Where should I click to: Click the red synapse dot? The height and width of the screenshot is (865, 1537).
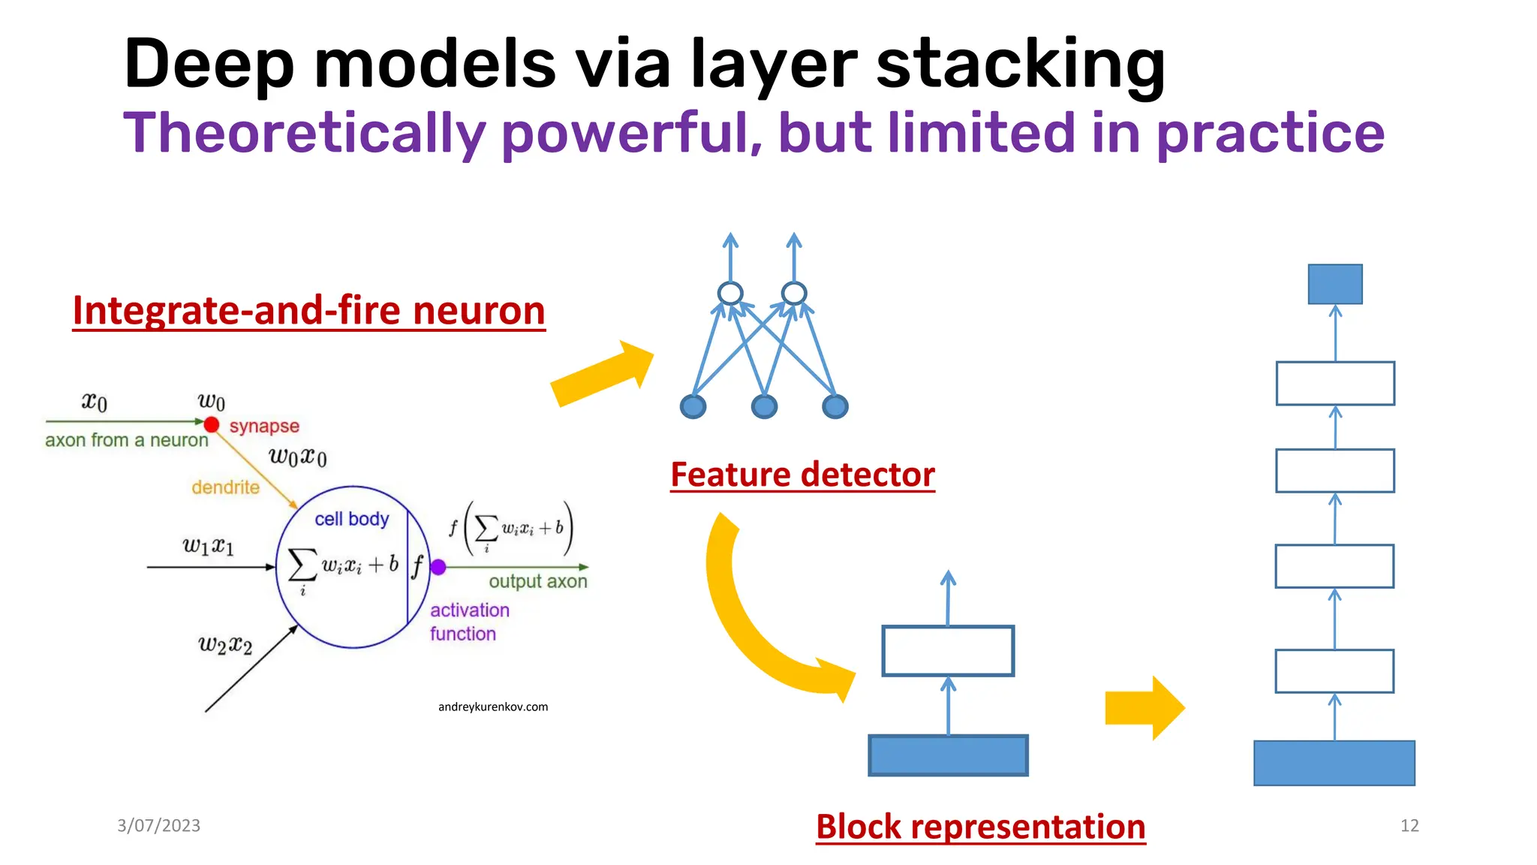pyautogui.click(x=212, y=425)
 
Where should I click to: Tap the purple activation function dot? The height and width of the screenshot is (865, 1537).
pyautogui.click(x=439, y=568)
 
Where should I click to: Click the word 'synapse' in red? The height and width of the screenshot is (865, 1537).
pyautogui.click(x=264, y=426)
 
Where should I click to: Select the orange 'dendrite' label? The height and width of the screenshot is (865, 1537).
pyautogui.click(x=225, y=487)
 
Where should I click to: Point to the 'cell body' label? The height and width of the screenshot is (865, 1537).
pyautogui.click(x=352, y=519)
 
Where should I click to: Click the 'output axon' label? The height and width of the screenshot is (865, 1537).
pyautogui.click(x=538, y=581)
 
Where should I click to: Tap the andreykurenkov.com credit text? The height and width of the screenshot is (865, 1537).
pyautogui.click(x=493, y=707)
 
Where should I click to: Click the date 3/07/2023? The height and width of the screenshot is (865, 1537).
pyautogui.click(x=158, y=825)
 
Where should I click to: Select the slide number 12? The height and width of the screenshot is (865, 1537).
pyautogui.click(x=1409, y=825)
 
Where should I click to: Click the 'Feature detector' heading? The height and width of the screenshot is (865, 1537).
pyautogui.click(x=802, y=475)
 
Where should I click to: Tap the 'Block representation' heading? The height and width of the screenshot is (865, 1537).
pyautogui.click(x=980, y=827)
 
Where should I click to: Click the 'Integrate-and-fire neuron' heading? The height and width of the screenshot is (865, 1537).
pyautogui.click(x=308, y=310)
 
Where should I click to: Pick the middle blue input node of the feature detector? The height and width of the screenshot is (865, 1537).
pyautogui.click(x=764, y=407)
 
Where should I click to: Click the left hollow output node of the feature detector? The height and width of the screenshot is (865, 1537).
pyautogui.click(x=730, y=293)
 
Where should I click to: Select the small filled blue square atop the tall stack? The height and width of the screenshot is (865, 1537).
pyautogui.click(x=1335, y=284)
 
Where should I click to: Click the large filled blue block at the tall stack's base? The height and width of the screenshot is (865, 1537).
pyautogui.click(x=1334, y=763)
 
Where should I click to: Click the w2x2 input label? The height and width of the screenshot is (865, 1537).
pyautogui.click(x=225, y=644)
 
